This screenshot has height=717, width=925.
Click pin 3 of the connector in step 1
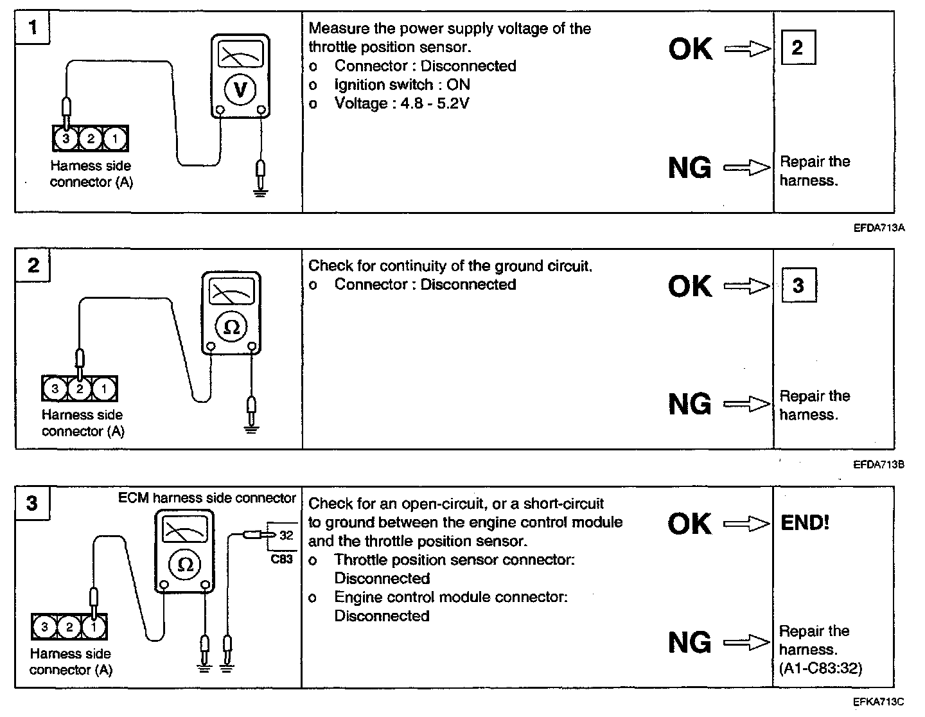66,138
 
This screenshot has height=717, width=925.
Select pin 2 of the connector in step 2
80,388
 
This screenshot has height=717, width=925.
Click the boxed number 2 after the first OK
798,48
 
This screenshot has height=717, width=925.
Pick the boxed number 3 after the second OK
798,285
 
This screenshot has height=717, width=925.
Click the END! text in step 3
805,522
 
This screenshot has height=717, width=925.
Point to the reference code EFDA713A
879,227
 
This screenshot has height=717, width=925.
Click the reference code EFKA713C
879,702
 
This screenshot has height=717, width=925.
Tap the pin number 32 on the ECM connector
286,535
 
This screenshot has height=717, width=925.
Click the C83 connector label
281,559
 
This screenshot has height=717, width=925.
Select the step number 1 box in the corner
33,28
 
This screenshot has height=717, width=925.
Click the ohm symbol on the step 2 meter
231,328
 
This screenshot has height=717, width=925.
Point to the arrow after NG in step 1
746,168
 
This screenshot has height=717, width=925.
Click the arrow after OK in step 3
746,524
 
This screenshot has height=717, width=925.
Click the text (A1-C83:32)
820,668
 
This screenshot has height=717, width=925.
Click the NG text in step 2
689,404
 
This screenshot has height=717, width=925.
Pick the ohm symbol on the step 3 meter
185,565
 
